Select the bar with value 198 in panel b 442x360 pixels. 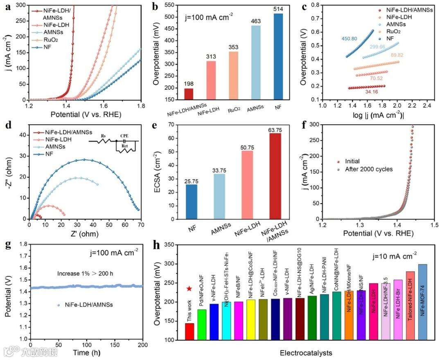(189, 94)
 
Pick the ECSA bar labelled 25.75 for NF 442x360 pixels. (191, 202)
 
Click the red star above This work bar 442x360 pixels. (189, 289)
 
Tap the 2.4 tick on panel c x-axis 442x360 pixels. (426, 106)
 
